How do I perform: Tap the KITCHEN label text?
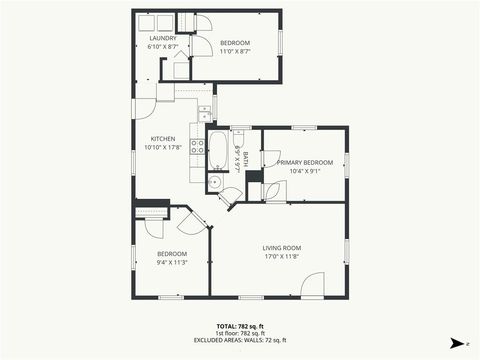(x=163, y=138)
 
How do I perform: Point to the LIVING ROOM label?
(x=282, y=247)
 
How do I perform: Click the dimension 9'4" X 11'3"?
(x=173, y=263)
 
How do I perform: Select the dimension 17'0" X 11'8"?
(x=282, y=256)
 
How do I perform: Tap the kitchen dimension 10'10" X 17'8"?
(x=163, y=147)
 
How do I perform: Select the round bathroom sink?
(x=214, y=182)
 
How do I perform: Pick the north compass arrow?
(x=457, y=343)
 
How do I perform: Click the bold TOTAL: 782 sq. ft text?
(x=240, y=326)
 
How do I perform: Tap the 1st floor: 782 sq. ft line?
(x=240, y=334)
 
